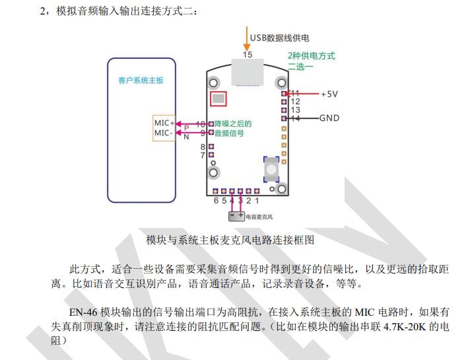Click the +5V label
[329, 94]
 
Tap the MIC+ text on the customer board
[164, 123]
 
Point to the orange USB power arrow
[248, 39]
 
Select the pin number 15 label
[248, 55]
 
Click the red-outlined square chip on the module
[217, 99]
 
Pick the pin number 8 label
[203, 147]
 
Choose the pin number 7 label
[203, 155]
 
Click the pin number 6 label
[216, 200]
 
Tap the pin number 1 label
[257, 200]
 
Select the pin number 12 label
[295, 102]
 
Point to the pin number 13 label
[295, 110]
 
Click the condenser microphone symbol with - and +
[236, 215]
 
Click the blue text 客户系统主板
[141, 81]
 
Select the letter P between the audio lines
[187, 127]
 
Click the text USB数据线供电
[279, 38]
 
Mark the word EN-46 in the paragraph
[85, 310]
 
